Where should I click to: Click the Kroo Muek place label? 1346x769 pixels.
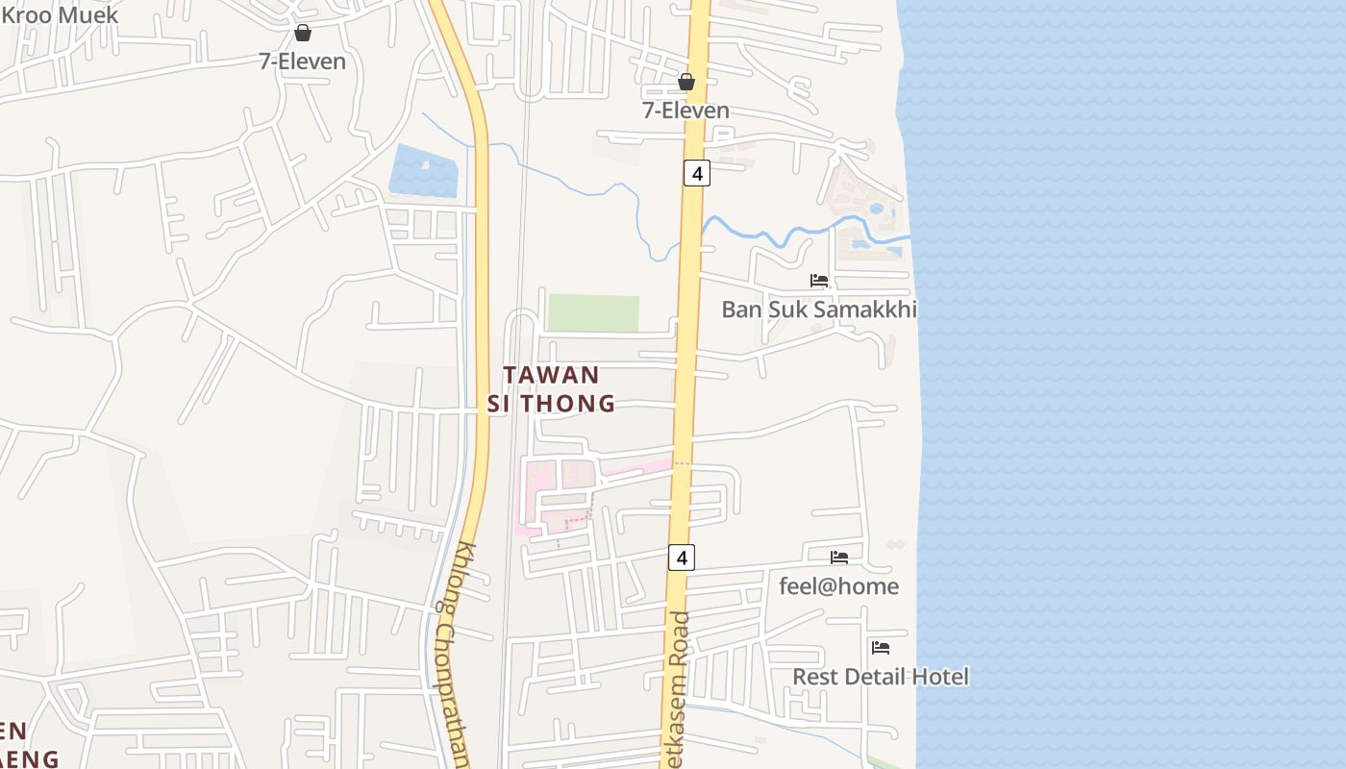click(x=60, y=14)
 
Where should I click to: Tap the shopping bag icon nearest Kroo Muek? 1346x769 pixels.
click(x=303, y=33)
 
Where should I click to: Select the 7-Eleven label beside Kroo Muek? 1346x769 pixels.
click(x=302, y=61)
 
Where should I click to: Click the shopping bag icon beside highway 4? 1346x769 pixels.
click(x=686, y=82)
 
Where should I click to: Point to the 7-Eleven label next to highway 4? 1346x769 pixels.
click(x=685, y=111)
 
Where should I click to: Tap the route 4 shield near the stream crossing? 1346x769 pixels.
click(x=697, y=173)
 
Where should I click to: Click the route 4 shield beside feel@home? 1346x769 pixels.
click(x=682, y=557)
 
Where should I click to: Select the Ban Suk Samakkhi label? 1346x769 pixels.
click(x=819, y=309)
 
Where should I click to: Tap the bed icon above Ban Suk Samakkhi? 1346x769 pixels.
click(x=819, y=281)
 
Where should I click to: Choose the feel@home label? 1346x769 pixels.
click(x=838, y=585)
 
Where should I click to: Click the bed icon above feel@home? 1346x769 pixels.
click(x=839, y=557)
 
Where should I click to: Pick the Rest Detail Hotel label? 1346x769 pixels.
click(x=880, y=677)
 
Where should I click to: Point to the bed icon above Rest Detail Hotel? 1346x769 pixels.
click(x=881, y=647)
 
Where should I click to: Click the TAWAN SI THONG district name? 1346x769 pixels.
click(x=551, y=388)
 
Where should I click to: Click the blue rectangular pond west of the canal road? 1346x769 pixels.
click(x=424, y=171)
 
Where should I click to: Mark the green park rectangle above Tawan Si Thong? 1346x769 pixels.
click(x=593, y=313)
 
